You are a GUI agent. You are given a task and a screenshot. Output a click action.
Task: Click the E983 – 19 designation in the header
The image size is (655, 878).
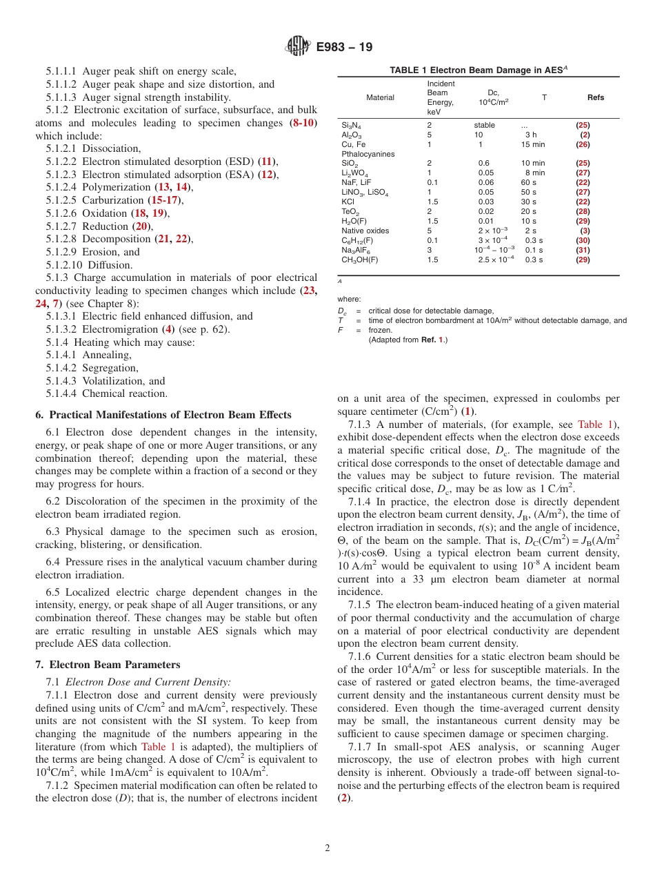coord(344,48)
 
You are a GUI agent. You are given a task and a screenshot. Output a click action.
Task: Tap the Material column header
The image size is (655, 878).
coord(380,97)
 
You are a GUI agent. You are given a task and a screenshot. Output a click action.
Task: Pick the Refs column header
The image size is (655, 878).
coord(595,97)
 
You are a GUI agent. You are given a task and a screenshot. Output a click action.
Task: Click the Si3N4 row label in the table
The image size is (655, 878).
coord(351,126)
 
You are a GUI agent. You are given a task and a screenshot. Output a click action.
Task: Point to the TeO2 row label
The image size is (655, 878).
coord(350,211)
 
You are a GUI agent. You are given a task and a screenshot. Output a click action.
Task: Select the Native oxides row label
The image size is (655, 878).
coord(365,231)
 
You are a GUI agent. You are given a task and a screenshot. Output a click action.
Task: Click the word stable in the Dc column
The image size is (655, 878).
coord(484,125)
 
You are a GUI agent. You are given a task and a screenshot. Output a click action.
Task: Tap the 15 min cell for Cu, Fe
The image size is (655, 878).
coord(532,144)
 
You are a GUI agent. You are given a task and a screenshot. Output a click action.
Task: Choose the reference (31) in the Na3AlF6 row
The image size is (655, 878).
coord(583,250)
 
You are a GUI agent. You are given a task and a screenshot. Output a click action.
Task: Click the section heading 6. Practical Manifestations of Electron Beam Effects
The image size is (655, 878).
coord(163,415)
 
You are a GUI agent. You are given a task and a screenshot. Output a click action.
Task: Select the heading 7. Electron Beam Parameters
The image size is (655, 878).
coord(108,665)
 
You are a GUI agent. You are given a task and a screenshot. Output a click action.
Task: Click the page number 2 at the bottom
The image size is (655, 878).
coord(327,848)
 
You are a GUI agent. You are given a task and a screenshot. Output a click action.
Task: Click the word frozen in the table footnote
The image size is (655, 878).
coord(380,330)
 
